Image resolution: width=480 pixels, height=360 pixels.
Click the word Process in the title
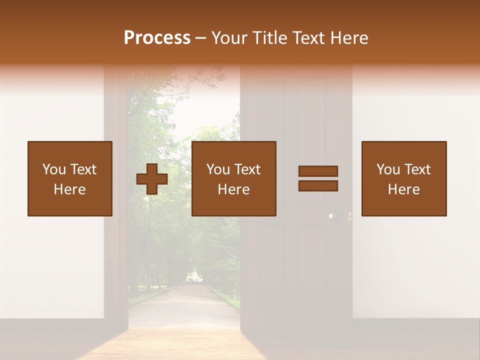[x=157, y=38]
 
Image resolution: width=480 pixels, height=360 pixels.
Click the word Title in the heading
[x=270, y=38]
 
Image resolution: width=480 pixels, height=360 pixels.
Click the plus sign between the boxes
[x=152, y=179]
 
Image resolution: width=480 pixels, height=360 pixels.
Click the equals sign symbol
[x=318, y=178]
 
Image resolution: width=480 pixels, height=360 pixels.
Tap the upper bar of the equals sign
[x=318, y=171]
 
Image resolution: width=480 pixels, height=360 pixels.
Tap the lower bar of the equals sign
[x=318, y=185]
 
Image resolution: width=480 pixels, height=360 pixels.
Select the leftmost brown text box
[x=69, y=178]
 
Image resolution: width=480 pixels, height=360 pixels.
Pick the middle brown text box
[x=233, y=178]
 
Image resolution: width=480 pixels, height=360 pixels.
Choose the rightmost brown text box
[x=403, y=178]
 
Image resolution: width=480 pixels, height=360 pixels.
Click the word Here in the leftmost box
[x=69, y=189]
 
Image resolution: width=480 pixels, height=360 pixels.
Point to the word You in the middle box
[x=218, y=169]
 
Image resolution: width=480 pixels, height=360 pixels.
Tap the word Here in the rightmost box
[x=403, y=189]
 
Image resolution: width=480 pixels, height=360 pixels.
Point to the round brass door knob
[x=331, y=216]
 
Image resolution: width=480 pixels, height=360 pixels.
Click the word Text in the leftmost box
[x=83, y=169]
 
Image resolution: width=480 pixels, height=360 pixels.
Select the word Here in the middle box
[x=233, y=189]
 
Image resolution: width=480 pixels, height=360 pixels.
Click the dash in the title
[x=201, y=38]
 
